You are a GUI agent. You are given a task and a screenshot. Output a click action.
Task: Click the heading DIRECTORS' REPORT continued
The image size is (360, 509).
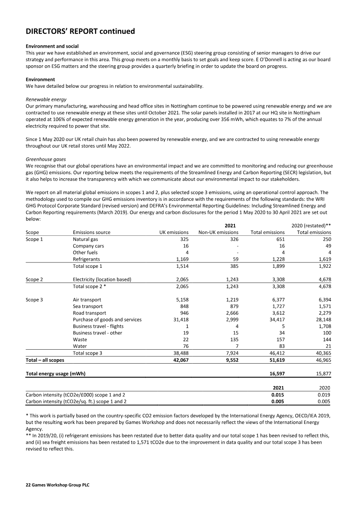(x=81, y=32)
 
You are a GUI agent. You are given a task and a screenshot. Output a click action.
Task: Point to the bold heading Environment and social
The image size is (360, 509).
(x=52, y=46)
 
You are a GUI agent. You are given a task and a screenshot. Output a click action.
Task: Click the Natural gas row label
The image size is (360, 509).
(x=85, y=239)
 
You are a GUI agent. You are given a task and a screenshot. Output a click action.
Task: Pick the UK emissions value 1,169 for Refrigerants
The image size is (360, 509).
(x=180, y=259)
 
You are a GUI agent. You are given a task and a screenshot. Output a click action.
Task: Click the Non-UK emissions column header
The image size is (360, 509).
(x=218, y=233)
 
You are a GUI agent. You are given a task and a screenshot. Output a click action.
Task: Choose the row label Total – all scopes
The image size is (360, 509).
(x=45, y=360)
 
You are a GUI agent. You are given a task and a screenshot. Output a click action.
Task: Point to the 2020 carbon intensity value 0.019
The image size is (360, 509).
(x=324, y=395)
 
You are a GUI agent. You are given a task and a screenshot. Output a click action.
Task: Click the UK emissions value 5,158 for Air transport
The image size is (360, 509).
(x=180, y=300)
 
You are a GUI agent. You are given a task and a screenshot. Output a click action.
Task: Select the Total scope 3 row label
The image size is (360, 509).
(x=87, y=353)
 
